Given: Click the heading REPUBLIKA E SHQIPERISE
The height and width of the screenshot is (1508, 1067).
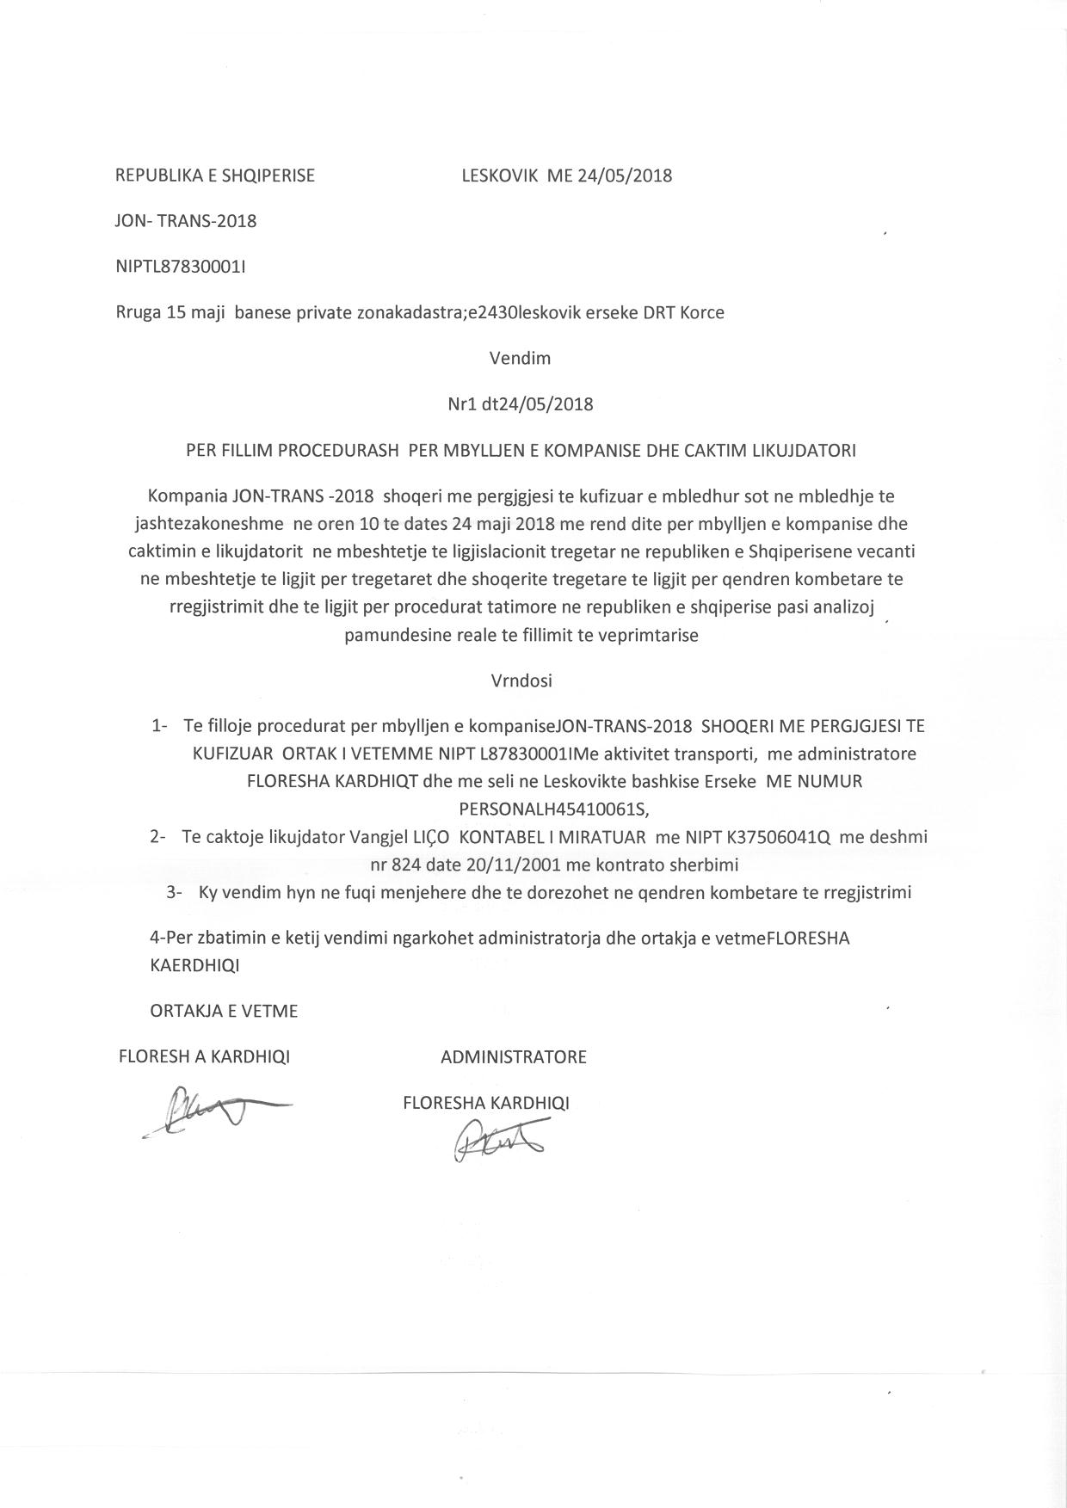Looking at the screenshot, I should coord(215,175).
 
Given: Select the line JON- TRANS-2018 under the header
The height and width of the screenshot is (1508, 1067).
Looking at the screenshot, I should coord(186,221).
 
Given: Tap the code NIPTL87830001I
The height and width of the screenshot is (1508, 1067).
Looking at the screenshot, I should coord(181,267).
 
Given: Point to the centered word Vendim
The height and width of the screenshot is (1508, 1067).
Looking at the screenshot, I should coord(520,358).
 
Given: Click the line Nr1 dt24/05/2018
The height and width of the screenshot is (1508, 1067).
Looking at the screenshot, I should coord(520,403).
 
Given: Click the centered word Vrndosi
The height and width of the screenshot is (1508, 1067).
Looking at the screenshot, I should coord(521,680).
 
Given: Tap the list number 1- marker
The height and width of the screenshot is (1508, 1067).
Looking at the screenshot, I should coord(159,726).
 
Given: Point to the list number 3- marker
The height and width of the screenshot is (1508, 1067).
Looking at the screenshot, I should coord(174,893).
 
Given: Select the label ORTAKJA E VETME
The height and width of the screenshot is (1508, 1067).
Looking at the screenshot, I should coord(224,1011).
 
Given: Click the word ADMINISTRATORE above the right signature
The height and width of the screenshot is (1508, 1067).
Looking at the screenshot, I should coord(514,1057).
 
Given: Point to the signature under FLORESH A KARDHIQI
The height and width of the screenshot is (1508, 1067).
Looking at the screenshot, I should coord(215,1109).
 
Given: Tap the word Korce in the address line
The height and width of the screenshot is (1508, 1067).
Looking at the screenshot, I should coord(702,312).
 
